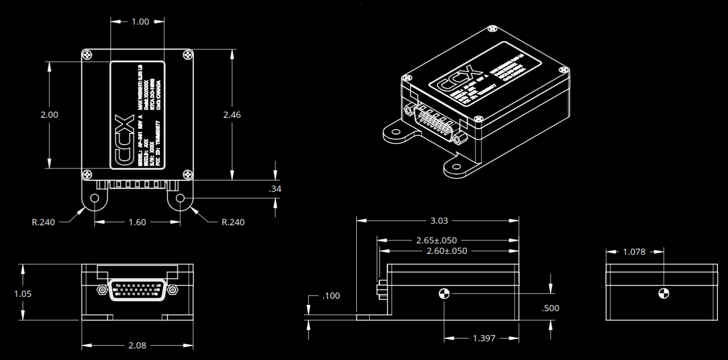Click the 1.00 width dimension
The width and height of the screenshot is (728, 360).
(x=137, y=22)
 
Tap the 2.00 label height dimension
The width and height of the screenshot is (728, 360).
(x=50, y=115)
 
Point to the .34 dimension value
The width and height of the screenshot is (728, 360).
(x=275, y=189)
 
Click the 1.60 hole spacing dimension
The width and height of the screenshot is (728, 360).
(x=137, y=222)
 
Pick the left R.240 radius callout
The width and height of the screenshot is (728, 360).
(x=44, y=222)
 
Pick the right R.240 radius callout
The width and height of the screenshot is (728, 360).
(x=232, y=222)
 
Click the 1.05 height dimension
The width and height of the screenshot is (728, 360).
(x=23, y=293)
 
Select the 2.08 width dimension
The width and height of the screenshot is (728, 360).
(x=137, y=345)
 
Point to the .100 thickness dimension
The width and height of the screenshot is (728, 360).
(x=330, y=296)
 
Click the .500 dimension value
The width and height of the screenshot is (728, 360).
(x=550, y=308)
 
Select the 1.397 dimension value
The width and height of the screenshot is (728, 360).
(x=484, y=338)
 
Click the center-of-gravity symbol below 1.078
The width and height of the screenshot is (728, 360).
(x=663, y=293)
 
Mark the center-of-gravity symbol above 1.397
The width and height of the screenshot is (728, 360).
(x=444, y=293)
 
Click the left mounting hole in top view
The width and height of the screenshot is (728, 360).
(x=94, y=198)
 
